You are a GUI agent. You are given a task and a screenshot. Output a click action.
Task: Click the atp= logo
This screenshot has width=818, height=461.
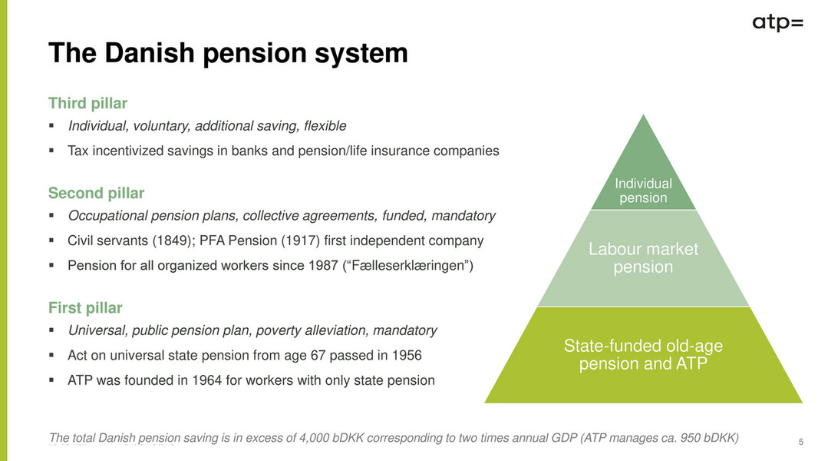(777, 24)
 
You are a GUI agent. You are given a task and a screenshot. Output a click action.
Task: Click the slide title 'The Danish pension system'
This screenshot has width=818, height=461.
(228, 53)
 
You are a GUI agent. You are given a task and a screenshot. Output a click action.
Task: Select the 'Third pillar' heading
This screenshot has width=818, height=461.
(87, 104)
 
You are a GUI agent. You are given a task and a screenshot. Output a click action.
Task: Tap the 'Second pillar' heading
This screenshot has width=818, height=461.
(96, 193)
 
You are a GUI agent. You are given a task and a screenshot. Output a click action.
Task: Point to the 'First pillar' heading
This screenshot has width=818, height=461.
(85, 308)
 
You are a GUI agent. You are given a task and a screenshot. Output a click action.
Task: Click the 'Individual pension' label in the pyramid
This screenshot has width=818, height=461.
(643, 191)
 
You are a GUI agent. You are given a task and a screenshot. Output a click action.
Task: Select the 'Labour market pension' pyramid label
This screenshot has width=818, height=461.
(643, 258)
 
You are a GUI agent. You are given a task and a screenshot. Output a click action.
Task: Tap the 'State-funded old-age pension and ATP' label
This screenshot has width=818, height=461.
(643, 354)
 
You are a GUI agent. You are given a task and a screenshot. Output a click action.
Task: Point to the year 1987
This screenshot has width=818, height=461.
(324, 266)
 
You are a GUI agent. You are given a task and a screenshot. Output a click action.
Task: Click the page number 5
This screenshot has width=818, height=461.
(801, 443)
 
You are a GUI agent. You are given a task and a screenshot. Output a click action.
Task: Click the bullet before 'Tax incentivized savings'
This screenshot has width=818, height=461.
(51, 151)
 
